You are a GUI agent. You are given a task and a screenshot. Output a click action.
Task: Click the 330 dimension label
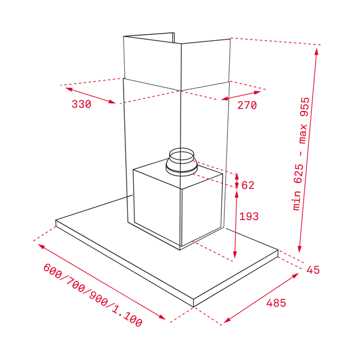pyautogui.click(x=82, y=104)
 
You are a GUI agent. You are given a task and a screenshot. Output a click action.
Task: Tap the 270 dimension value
pyautogui.click(x=247, y=105)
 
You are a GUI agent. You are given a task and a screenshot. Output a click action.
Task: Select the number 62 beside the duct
pyautogui.click(x=248, y=185)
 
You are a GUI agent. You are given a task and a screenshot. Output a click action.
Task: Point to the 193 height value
pyautogui.click(x=249, y=216)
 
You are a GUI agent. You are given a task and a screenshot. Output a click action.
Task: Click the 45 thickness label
pyautogui.click(x=313, y=270)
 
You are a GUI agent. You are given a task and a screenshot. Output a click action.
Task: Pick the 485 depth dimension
pyautogui.click(x=276, y=303)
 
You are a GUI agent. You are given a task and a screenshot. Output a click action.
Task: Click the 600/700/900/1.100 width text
pyautogui.click(x=93, y=295)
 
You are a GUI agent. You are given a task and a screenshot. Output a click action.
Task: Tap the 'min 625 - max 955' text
pyautogui.click(x=301, y=154)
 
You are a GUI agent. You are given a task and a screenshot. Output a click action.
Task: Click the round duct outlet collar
pyautogui.click(x=181, y=162)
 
